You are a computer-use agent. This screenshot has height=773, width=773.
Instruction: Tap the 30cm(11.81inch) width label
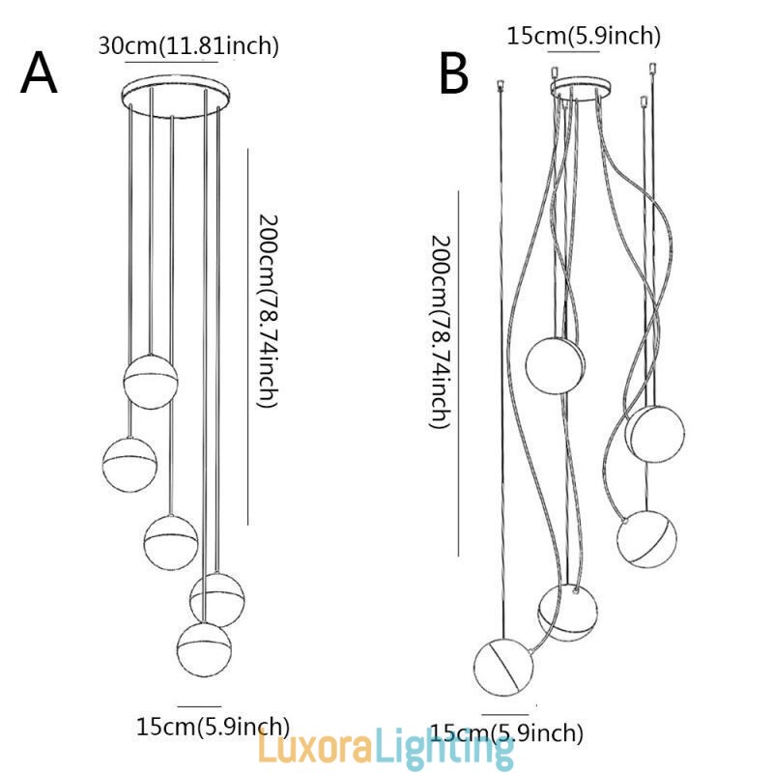tap(188, 44)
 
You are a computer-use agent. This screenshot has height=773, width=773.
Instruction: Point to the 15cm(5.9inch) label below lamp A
tap(213, 726)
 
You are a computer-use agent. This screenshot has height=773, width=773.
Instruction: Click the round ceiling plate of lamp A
tap(175, 95)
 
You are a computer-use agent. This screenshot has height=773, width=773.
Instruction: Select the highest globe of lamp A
tap(151, 381)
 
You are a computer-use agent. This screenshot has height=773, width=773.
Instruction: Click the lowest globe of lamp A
tap(204, 647)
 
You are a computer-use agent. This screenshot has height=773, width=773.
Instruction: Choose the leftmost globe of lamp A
tap(129, 463)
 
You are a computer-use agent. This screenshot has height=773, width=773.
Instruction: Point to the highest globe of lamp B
tap(556, 362)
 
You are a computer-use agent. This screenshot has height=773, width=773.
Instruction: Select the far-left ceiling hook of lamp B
tap(500, 85)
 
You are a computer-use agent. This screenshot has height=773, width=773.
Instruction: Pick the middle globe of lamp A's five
tap(171, 542)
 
